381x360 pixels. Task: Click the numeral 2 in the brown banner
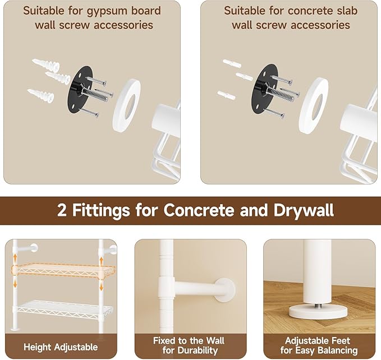click(x=63, y=210)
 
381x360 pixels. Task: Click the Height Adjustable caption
click(x=60, y=347)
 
